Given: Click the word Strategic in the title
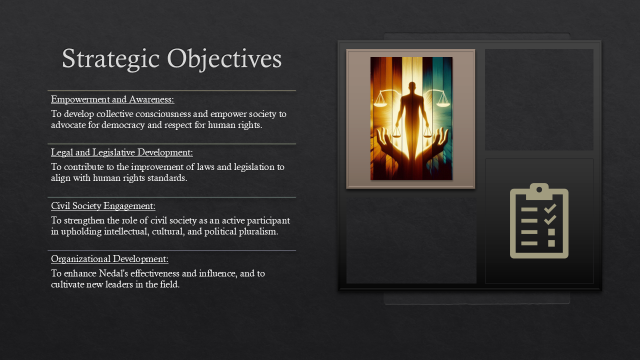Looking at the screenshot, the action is pyautogui.click(x=110, y=59).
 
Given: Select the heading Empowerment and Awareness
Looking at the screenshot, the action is pyautogui.click(x=112, y=99).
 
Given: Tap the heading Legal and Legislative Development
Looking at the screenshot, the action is pyautogui.click(x=122, y=152).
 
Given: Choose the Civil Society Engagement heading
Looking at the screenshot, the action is pyautogui.click(x=103, y=206).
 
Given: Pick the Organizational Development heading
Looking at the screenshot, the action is pyautogui.click(x=109, y=259).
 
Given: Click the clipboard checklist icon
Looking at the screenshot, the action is pyautogui.click(x=539, y=221).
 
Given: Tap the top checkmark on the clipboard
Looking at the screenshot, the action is pyautogui.click(x=550, y=208).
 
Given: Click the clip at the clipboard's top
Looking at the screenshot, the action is pyautogui.click(x=539, y=191).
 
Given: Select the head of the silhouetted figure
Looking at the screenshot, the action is pyautogui.click(x=412, y=87).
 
